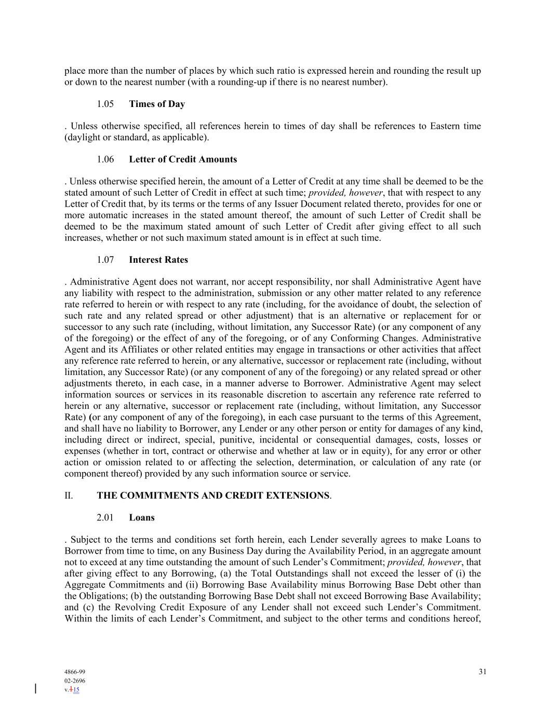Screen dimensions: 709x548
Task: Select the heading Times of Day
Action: click(x=157, y=104)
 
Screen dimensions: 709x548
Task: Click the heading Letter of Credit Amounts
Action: click(x=183, y=159)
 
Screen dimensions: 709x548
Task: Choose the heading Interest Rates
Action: click(x=158, y=260)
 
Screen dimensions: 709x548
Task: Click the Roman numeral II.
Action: click(x=69, y=496)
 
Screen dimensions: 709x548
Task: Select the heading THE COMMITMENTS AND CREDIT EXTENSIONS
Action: click(x=213, y=496)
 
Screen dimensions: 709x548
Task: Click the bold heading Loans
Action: click(x=142, y=518)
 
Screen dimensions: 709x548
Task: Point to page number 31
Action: click(x=483, y=672)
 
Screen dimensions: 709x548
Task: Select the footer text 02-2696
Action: click(x=75, y=681)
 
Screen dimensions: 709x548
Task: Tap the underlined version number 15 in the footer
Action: click(x=76, y=690)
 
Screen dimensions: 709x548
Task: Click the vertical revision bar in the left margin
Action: click(x=35, y=689)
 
